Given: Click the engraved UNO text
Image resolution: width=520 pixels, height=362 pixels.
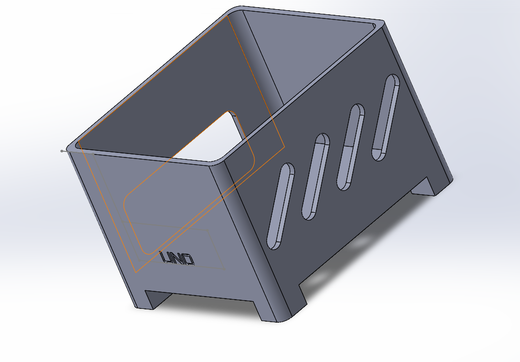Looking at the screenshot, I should point(178,259).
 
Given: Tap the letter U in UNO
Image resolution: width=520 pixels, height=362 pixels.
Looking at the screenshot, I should point(167,257).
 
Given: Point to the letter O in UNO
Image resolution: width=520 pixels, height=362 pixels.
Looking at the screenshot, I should point(188,260).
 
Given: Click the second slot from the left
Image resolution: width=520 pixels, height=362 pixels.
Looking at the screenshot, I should point(315,176).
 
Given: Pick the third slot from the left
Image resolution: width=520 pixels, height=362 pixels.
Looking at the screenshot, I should point(350,147).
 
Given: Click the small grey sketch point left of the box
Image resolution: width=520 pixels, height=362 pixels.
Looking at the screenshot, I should point(62,151).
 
